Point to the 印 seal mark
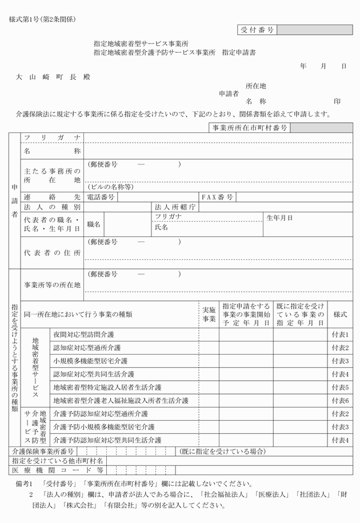(x=337, y=101)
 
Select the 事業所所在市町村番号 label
(x=250, y=128)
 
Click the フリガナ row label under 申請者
(x=52, y=138)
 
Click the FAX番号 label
(x=217, y=197)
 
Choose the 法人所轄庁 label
(x=175, y=207)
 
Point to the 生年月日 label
(x=279, y=218)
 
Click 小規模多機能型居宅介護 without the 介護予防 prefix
(x=90, y=361)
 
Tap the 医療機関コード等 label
(x=57, y=470)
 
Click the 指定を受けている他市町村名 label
(x=57, y=461)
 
